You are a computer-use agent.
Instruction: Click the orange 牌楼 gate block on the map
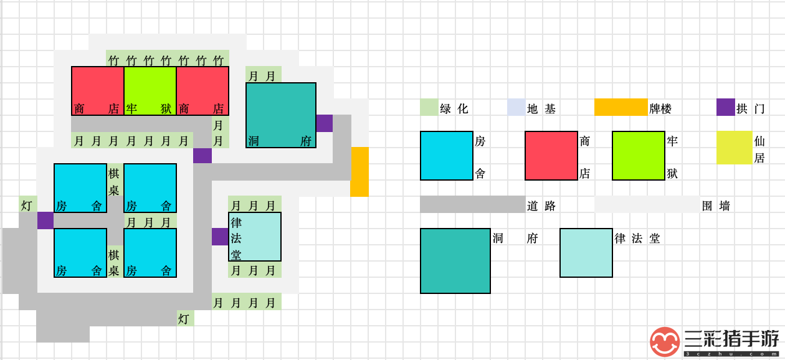[359, 172]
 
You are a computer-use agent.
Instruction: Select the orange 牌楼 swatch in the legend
[621, 107]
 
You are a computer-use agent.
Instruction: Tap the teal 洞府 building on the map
[281, 115]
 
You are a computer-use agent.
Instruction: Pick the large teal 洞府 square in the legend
[455, 261]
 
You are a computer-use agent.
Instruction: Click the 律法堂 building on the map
[255, 237]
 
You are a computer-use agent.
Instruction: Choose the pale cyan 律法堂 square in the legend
[586, 253]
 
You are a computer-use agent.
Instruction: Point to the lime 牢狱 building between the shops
[150, 91]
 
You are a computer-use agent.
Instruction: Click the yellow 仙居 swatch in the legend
[734, 148]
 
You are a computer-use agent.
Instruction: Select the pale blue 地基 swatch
[516, 107]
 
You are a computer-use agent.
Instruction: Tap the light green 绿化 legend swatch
[429, 107]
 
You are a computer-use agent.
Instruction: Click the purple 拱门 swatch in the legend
[725, 107]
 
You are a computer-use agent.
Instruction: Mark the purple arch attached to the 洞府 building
[325, 123]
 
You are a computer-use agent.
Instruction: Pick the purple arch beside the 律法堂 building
[220, 237]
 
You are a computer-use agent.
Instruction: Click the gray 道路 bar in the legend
[472, 204]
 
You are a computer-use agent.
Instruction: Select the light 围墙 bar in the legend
[647, 204]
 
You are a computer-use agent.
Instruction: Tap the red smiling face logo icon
[665, 342]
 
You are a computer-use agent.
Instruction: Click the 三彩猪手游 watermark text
[731, 339]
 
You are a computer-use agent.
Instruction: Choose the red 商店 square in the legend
[551, 156]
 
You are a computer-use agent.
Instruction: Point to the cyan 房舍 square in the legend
[447, 156]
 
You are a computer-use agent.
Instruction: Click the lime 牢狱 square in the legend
[638, 156]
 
